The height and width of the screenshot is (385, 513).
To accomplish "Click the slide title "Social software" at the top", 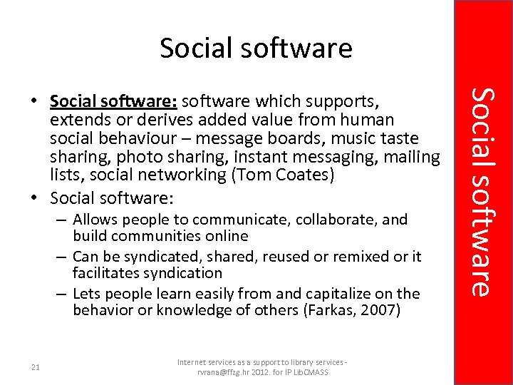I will [256, 48].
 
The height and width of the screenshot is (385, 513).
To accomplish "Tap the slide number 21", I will [36, 367].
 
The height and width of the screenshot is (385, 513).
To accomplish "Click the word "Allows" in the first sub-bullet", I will [95, 219].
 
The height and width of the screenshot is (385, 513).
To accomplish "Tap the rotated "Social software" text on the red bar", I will [482, 191].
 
